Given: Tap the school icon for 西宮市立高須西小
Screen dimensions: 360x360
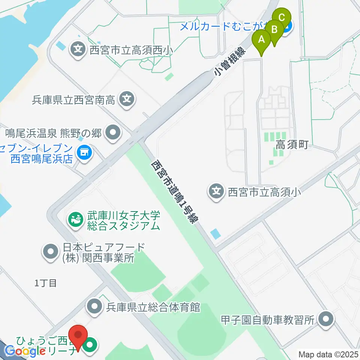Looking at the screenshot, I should click(78, 49).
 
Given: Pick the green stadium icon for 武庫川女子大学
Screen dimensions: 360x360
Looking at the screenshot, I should click(76, 220).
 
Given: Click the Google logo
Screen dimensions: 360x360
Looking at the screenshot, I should click(25, 351).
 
